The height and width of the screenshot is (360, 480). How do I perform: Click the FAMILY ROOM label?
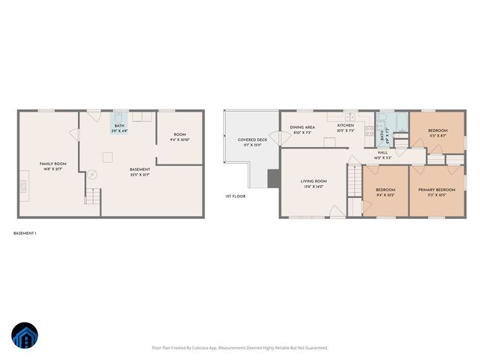click(x=53, y=165)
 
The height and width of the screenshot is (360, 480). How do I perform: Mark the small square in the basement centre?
click(x=108, y=157)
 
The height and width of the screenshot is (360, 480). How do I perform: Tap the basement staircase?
click(x=92, y=198)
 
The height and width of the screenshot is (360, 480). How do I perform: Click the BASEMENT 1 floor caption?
click(x=25, y=233)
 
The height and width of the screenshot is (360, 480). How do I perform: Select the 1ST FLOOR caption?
click(x=235, y=196)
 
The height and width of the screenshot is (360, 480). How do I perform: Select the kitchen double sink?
click(x=349, y=116)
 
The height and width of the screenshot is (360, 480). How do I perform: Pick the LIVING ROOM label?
click(x=313, y=182)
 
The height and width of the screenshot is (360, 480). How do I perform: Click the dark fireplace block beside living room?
click(x=274, y=178)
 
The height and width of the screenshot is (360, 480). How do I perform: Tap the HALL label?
click(x=382, y=154)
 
